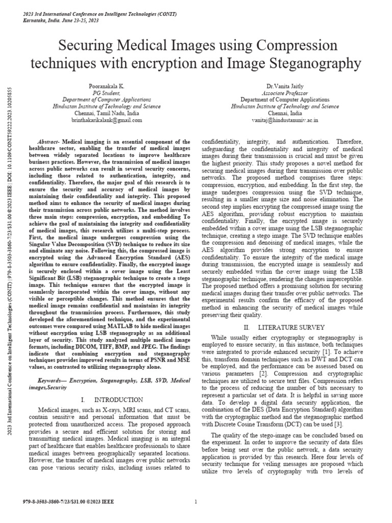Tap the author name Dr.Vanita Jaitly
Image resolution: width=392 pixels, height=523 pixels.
tap(285, 87)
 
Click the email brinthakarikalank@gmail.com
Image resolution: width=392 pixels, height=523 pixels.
tap(99, 120)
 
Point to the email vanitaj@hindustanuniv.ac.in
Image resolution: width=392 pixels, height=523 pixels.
tap(285, 120)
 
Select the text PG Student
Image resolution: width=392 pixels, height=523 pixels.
tap(99, 93)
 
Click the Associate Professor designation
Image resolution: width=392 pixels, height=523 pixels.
tap(285, 93)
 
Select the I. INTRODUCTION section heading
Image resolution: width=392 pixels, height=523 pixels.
tap(105, 399)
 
